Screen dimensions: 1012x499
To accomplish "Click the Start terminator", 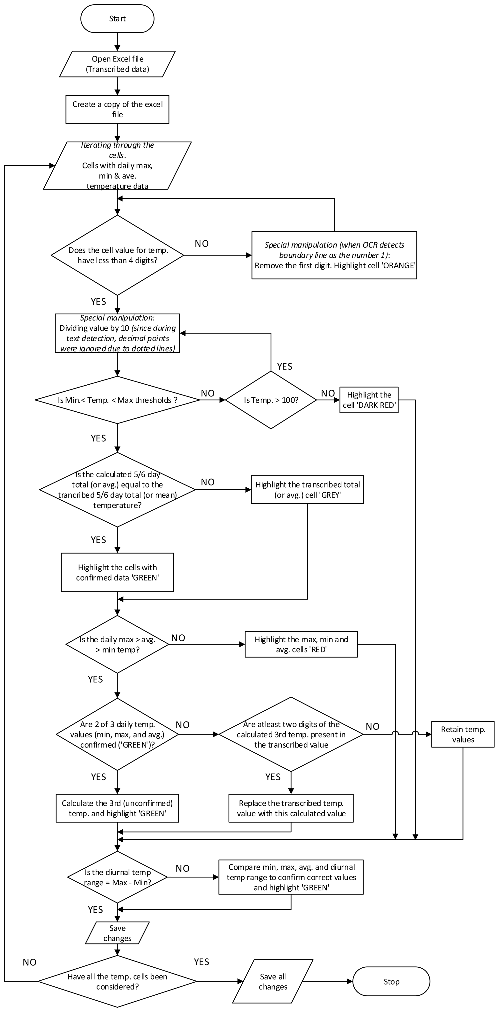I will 117,19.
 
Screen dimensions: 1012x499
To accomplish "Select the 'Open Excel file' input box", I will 117,64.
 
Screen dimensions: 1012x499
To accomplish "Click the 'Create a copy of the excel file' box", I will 117,109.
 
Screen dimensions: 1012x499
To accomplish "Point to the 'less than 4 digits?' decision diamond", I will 117,255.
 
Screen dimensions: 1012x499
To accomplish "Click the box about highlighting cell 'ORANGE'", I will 334,255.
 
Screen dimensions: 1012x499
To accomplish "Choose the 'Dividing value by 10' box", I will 117,333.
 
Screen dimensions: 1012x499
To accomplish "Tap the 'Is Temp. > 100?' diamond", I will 271,400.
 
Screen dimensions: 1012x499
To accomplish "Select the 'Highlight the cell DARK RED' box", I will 369,400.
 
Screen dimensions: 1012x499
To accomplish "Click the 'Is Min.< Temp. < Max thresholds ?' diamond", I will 117,400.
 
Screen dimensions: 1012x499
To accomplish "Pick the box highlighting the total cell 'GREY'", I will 307,490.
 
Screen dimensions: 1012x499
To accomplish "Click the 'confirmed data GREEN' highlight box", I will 117,572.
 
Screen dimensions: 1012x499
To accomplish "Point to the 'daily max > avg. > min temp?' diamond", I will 117,644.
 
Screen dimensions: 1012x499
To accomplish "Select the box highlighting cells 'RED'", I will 301,644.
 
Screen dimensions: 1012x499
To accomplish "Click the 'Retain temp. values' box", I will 463,734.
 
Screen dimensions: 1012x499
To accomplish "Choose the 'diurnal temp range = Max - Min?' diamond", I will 117,877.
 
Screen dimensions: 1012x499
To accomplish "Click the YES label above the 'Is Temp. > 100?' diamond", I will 284,367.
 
